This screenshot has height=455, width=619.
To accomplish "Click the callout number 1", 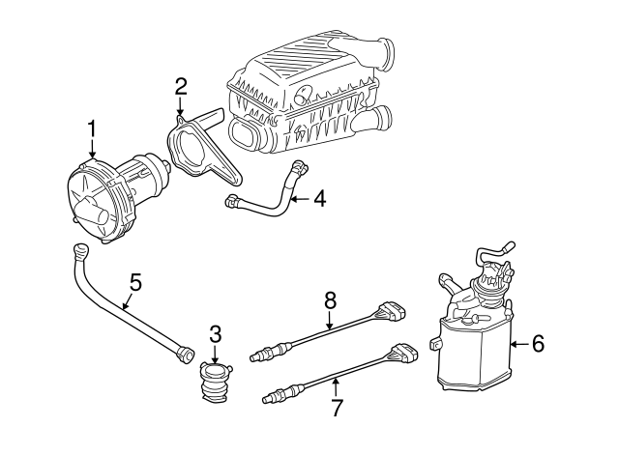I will (92, 128).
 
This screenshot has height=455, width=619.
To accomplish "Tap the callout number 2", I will (180, 87).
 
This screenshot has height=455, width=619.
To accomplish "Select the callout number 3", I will (215, 334).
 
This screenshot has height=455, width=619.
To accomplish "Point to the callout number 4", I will (318, 200).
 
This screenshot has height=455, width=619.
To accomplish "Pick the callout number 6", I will (538, 342).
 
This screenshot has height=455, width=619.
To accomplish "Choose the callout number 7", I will (336, 407).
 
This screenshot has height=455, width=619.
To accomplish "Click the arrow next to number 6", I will (517, 342).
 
